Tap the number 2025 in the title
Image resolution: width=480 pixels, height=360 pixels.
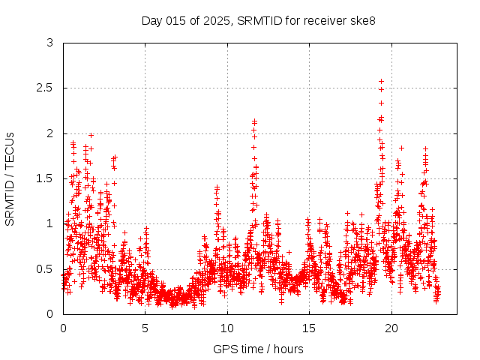click(x=217, y=20)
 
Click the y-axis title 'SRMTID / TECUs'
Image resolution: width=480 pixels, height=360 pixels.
click(x=10, y=178)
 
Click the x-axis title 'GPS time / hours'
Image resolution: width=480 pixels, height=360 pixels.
click(x=258, y=349)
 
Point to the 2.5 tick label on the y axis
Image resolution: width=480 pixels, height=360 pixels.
click(x=46, y=88)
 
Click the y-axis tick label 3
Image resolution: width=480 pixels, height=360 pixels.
click(x=50, y=43)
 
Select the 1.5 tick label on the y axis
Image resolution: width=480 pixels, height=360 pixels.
click(x=46, y=178)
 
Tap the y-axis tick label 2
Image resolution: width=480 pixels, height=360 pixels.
click(x=50, y=133)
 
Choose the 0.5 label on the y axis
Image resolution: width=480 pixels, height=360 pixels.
click(x=46, y=268)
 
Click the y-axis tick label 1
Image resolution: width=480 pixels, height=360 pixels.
click(x=50, y=223)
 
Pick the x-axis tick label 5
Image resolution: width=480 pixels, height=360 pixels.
click(x=145, y=328)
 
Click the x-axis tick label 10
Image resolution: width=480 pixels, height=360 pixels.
click(x=227, y=328)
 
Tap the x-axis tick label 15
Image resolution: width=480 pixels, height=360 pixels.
click(x=310, y=328)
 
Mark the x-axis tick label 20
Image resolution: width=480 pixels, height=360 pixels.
click(x=391, y=328)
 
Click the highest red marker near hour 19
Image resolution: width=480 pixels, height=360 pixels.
click(x=381, y=81)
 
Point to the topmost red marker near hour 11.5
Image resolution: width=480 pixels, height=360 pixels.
click(x=255, y=121)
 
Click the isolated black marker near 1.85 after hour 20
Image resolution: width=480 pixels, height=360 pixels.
click(x=401, y=148)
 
